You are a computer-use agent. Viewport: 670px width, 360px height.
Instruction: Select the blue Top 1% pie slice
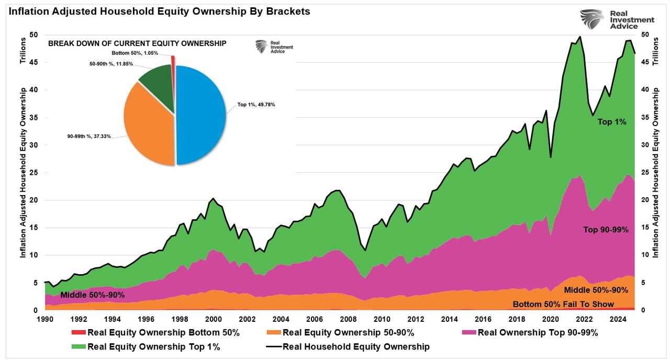pyautogui.click(x=202, y=115)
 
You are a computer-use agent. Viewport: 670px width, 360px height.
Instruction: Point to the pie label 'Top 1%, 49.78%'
pyautogui.click(x=256, y=105)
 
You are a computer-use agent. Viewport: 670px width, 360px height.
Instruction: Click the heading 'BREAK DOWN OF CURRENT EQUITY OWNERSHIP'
pyautogui.click(x=137, y=43)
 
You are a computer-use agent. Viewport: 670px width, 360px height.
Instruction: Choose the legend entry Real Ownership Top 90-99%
pyautogui.click(x=538, y=332)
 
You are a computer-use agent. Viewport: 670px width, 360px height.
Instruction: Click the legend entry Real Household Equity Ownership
pyautogui.click(x=356, y=346)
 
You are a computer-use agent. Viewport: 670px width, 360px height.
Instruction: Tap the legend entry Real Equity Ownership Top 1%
pyautogui.click(x=154, y=346)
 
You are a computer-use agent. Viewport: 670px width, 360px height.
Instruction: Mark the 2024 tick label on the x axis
pyautogui.click(x=618, y=319)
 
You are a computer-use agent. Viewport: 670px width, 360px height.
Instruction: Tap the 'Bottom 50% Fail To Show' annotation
pyautogui.click(x=563, y=304)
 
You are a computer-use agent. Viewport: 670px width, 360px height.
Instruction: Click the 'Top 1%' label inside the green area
pyautogui.click(x=612, y=121)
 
